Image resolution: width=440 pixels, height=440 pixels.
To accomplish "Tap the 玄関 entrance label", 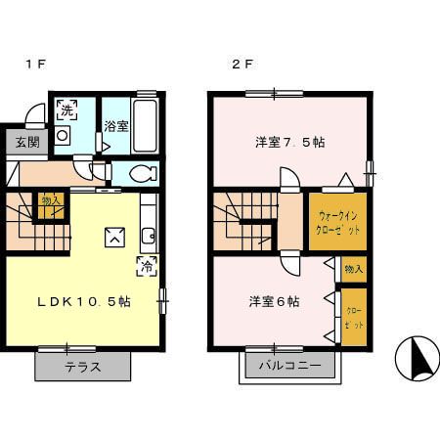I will click(x=26, y=142).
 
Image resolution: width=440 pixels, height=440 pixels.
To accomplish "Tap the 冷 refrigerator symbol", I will click(x=144, y=264).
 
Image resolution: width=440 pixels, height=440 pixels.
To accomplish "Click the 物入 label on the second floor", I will click(x=353, y=267).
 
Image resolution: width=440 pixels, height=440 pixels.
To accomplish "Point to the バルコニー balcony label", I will click(x=288, y=368).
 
